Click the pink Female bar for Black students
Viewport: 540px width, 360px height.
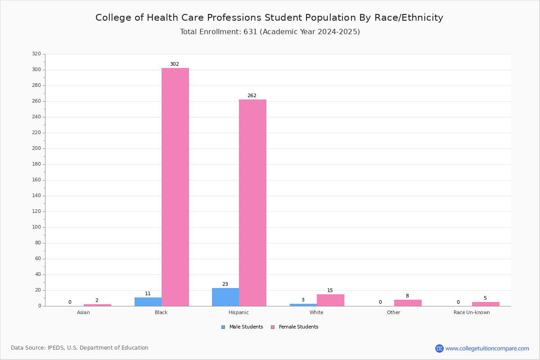click(175, 187)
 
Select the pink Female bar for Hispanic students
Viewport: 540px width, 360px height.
click(252, 203)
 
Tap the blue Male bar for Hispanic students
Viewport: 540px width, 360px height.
click(225, 297)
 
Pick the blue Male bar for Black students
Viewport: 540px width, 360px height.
click(148, 302)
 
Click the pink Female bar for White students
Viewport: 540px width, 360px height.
click(330, 300)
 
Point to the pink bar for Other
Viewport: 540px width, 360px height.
click(408, 303)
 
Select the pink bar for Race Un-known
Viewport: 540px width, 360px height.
click(486, 304)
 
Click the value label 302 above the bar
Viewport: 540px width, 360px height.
click(175, 64)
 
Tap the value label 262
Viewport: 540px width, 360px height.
click(252, 95)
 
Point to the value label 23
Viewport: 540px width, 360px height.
click(225, 284)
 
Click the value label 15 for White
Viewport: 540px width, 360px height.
click(330, 290)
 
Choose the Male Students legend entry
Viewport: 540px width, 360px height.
click(242, 327)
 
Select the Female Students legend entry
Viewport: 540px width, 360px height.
click(295, 327)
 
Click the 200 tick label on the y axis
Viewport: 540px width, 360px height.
click(36, 148)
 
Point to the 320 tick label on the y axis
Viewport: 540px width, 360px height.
click(36, 54)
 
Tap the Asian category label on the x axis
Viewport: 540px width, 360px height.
click(83, 312)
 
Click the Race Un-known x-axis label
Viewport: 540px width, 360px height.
click(472, 312)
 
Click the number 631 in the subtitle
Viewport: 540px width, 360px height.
click(251, 32)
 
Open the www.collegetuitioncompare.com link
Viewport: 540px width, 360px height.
click(487, 348)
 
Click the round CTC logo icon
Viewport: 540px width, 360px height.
click(440, 348)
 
